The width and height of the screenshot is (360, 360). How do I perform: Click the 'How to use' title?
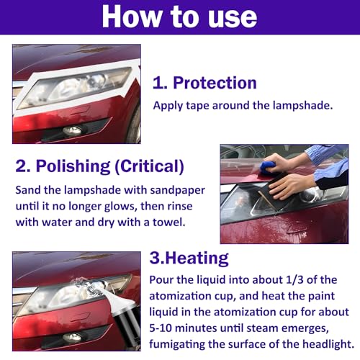coord(179,17)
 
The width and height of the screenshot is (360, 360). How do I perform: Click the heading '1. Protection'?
coord(204,83)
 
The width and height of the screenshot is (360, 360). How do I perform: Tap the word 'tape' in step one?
coord(197,106)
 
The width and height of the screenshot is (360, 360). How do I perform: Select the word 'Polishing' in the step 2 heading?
coord(73,166)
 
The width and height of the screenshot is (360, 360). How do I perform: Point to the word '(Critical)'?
coord(149,166)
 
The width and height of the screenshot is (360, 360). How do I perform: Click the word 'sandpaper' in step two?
coord(178,191)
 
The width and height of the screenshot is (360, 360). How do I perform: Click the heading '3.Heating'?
coord(189,258)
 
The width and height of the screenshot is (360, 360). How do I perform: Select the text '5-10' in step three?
coord(161,328)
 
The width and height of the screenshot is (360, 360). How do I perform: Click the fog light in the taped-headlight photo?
coord(73,130)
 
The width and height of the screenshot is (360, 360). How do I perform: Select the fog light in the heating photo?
coord(72,338)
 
